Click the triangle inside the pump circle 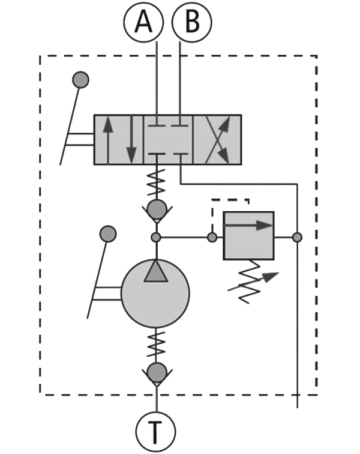[155, 272]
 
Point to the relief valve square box [248, 236]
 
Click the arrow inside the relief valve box [248, 226]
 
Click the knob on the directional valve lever [80, 79]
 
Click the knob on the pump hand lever [107, 233]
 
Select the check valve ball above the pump [156, 209]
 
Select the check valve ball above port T [156, 372]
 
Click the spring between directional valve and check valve [156, 182]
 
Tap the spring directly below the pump [156, 345]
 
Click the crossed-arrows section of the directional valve [217, 139]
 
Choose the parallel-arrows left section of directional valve [119, 139]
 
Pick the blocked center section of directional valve [168, 139]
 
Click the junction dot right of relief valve [297, 237]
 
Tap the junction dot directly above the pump [156, 237]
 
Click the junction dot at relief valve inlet [212, 237]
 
